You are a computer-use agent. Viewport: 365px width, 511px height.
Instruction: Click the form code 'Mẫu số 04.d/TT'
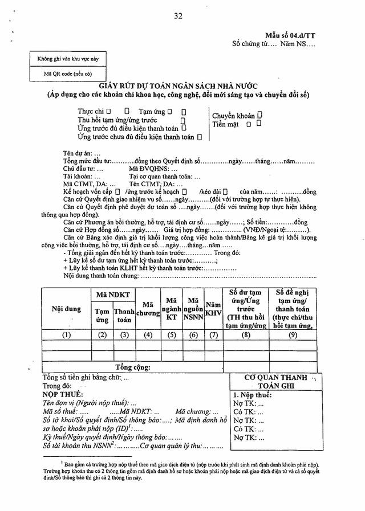tap(290, 35)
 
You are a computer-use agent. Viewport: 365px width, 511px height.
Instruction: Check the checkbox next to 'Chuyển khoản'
tap(259, 115)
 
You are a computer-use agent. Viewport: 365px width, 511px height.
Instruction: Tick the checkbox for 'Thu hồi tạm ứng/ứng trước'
tap(183, 121)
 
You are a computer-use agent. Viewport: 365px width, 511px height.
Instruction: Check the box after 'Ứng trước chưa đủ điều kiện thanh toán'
tap(200, 137)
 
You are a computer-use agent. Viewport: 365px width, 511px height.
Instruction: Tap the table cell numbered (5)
tap(171, 335)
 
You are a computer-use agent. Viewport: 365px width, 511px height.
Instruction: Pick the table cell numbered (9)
tap(293, 335)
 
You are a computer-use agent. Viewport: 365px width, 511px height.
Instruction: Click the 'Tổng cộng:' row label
tap(133, 367)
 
